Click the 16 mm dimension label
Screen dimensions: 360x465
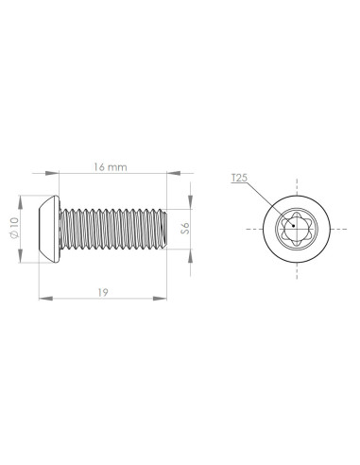111,167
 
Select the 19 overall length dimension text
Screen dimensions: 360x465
103,293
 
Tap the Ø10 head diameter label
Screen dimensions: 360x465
14,228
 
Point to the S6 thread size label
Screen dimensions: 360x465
185,228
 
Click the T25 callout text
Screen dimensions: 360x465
239,178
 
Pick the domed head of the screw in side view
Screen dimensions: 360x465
49,229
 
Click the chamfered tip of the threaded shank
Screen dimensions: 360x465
164,229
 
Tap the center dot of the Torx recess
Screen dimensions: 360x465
293,226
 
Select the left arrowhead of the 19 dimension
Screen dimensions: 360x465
45,299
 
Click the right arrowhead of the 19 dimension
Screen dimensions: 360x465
160,299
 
